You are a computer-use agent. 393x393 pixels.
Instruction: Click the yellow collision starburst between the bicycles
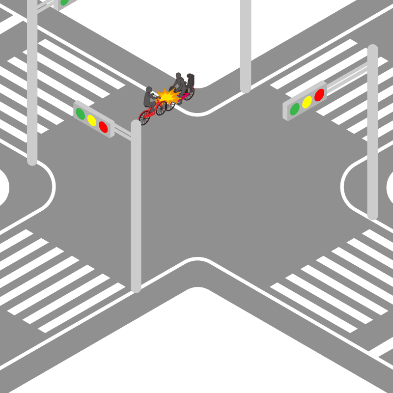tap(168, 96)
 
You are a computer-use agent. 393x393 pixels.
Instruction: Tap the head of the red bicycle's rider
tap(149, 90)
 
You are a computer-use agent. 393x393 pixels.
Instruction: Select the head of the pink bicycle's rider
tap(179, 76)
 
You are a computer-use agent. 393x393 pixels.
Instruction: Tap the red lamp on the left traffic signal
tap(103, 127)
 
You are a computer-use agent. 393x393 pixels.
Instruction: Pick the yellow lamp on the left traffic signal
tap(91, 120)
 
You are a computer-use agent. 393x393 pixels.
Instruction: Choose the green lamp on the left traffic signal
tap(80, 113)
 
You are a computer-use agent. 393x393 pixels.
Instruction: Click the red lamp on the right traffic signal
tap(319, 95)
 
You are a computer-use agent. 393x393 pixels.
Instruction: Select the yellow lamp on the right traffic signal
tap(307, 102)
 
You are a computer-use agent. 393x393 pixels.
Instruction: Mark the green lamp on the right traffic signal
tap(295, 109)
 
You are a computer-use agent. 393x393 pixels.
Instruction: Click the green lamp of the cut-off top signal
tap(64, 2)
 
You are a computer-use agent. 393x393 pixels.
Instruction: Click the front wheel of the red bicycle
tap(161, 108)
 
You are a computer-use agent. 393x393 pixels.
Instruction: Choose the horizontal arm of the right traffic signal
tap(346, 79)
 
